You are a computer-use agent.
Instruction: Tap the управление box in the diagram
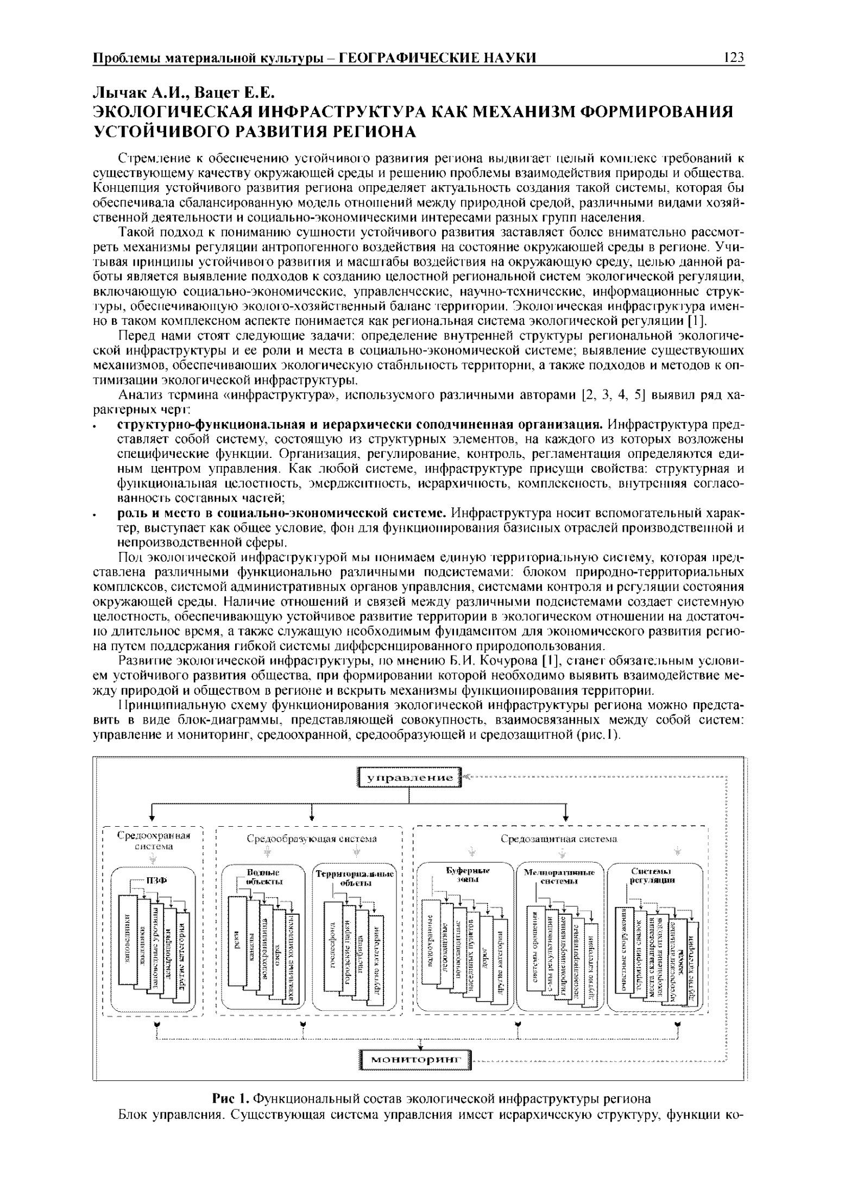pyautogui.click(x=410, y=778)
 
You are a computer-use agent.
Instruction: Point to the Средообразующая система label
pyautogui.click(x=312, y=839)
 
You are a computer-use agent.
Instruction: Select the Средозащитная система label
pyautogui.click(x=559, y=839)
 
